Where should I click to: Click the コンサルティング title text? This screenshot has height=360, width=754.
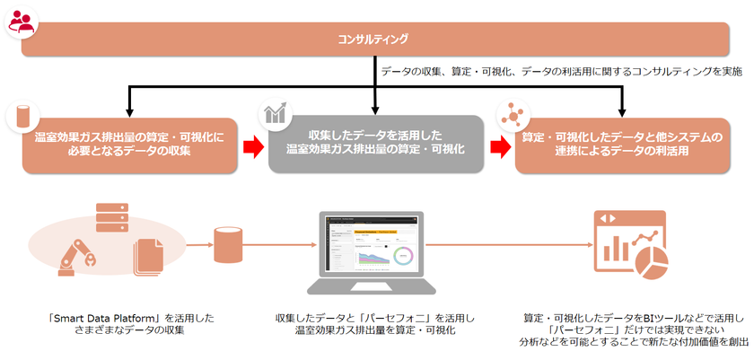point(373,39)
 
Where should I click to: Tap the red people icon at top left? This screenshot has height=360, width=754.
point(20,23)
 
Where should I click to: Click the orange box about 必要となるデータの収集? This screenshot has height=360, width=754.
point(130,145)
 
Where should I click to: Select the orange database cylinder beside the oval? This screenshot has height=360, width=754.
point(224,244)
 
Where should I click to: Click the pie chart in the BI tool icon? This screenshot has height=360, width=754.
point(651,260)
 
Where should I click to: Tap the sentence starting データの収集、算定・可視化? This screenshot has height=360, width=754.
point(561,70)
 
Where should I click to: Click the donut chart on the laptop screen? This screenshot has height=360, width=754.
point(404,254)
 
